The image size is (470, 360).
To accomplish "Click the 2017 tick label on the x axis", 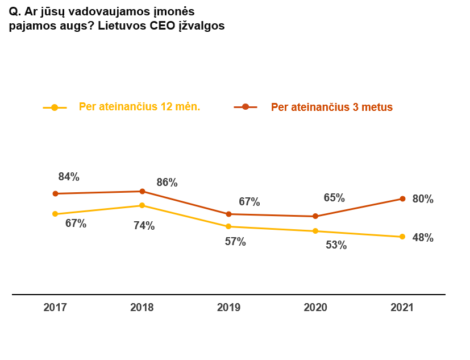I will [55, 307].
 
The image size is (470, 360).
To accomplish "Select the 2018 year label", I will [142, 307].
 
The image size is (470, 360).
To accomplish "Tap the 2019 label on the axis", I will [228, 307].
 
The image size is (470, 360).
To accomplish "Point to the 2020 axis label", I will [315, 307].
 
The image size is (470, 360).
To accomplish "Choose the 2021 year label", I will [402, 307].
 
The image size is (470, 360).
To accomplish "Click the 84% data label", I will [69, 177].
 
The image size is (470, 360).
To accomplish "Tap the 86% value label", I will [167, 183].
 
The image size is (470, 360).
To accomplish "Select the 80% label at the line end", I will [423, 199].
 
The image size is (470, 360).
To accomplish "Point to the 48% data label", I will [423, 238].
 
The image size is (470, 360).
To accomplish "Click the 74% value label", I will [144, 226].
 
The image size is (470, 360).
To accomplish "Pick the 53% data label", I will [336, 246].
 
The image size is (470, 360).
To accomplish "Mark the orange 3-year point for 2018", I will [142, 191].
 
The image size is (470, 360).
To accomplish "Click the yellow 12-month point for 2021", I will [402, 237].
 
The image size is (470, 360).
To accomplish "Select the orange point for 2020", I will [315, 216].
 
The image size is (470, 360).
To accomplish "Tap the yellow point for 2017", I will [55, 214].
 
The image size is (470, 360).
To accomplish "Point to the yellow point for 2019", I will [228, 226].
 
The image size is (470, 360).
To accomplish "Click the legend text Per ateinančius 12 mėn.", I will [139, 107].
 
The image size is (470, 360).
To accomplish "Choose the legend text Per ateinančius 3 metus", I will [332, 107].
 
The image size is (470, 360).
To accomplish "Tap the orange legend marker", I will [246, 107].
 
